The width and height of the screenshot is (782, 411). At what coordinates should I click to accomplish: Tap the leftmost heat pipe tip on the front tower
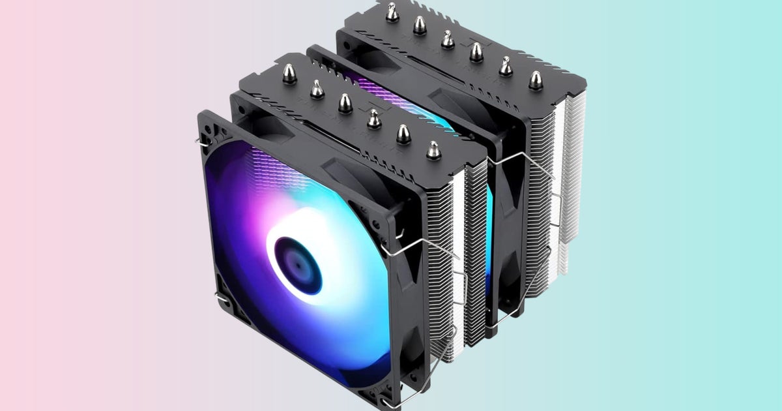coord(289,74)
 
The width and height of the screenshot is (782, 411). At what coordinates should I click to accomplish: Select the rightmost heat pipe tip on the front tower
coord(433,150)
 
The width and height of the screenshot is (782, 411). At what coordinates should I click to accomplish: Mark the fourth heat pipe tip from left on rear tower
coord(476,52)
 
